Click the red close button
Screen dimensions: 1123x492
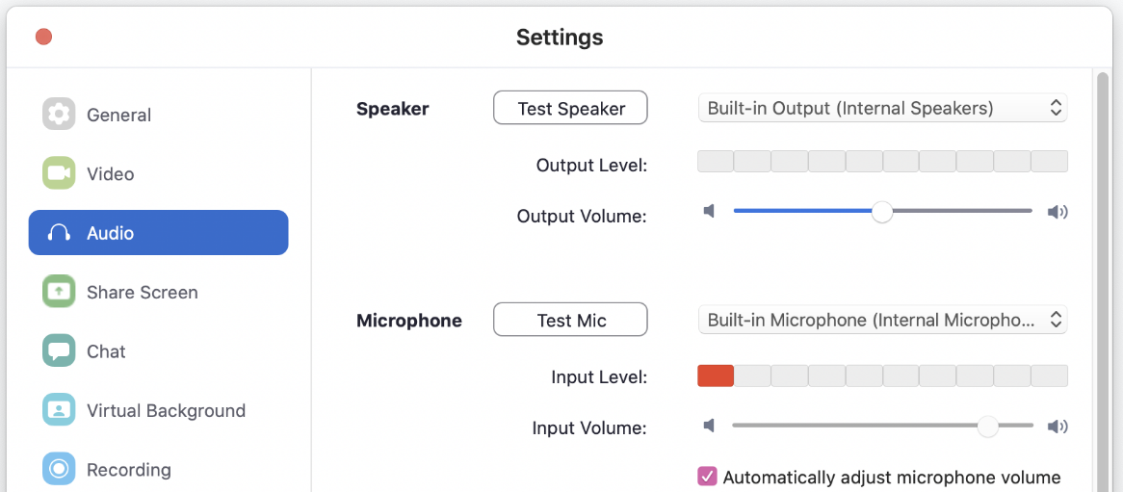(43, 37)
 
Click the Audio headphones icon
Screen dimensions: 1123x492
(59, 233)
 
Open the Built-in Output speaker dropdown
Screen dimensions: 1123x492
(882, 108)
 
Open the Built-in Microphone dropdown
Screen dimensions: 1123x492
(882, 320)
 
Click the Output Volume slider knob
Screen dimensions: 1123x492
(882, 211)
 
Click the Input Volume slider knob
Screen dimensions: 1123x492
(988, 427)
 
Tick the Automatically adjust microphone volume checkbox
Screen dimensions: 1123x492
(708, 477)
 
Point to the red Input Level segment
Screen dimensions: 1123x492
(716, 376)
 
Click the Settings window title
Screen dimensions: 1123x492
(560, 38)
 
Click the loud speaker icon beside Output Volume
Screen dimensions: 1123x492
(1058, 211)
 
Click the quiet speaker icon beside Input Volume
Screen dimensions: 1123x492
(709, 427)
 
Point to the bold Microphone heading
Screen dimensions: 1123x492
(409, 321)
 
